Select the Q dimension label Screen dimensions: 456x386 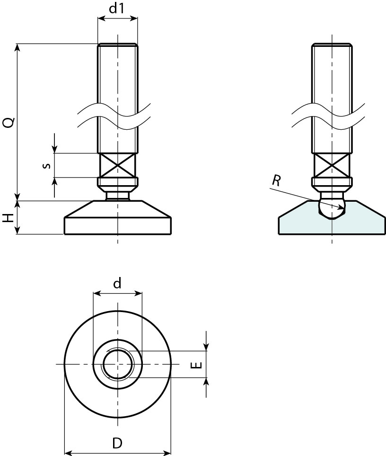(x=8, y=123)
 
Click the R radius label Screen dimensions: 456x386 (x=277, y=180)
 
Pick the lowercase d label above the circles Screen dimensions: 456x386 (x=117, y=283)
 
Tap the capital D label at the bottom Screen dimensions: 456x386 (x=117, y=443)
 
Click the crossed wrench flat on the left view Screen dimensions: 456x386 (x=117, y=165)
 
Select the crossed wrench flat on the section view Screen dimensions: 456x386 (x=332, y=165)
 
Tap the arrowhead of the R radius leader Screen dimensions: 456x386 (x=341, y=207)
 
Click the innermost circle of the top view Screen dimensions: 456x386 (x=117, y=364)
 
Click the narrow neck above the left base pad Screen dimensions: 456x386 (x=117, y=195)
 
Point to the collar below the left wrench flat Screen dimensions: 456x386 (x=117, y=182)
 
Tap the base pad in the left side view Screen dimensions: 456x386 (x=117, y=223)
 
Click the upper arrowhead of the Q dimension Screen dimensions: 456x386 (x=18, y=47)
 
